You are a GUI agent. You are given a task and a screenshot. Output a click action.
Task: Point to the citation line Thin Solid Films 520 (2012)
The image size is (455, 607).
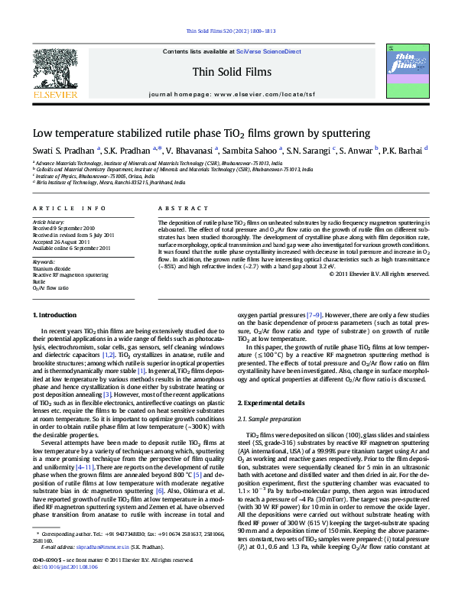click(227, 31)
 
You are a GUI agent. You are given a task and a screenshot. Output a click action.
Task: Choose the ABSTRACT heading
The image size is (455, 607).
click(177, 208)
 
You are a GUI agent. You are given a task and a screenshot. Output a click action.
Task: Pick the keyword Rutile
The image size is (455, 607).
click(40, 282)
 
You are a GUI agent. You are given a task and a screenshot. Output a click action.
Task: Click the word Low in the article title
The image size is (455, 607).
click(42, 132)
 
